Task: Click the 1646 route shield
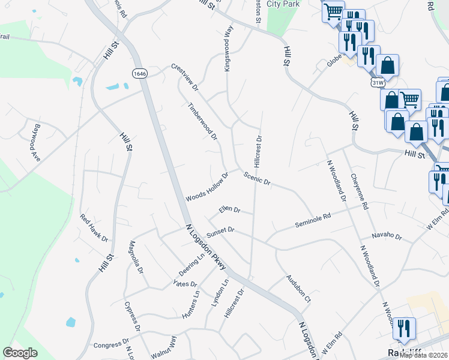click(140, 73)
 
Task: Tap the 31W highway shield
click(378, 82)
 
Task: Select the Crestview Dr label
click(184, 77)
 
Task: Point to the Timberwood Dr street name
click(202, 121)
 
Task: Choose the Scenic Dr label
click(258, 178)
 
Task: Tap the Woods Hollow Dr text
click(207, 188)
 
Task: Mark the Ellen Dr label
click(229, 210)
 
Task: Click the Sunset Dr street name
click(220, 230)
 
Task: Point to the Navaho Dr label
click(385, 235)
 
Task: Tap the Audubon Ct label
click(298, 289)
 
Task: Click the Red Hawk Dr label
click(94, 229)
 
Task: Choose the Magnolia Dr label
click(135, 257)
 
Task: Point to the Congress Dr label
click(107, 345)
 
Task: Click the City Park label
click(282, 4)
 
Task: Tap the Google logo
click(20, 353)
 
